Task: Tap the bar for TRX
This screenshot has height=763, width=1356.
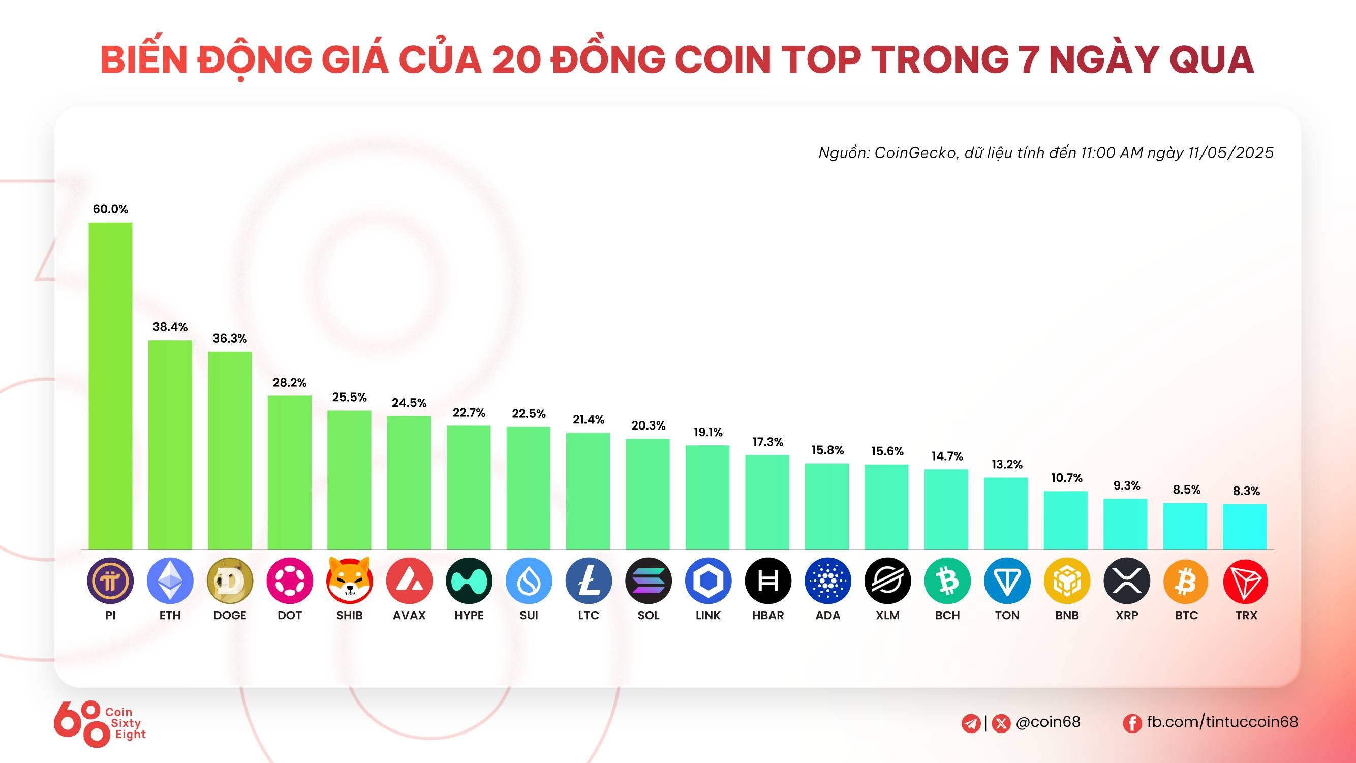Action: tap(1245, 527)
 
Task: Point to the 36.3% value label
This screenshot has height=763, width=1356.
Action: tap(230, 339)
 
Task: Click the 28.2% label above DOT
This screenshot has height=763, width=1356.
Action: tap(290, 383)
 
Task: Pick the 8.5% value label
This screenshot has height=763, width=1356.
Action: tap(1186, 490)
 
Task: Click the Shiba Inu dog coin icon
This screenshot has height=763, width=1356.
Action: tap(350, 581)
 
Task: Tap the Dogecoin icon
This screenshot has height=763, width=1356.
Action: tap(230, 581)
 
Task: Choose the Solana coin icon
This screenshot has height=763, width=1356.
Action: tap(648, 581)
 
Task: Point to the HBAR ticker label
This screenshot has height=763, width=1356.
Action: tap(767, 615)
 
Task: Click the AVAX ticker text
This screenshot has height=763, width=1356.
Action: tap(409, 615)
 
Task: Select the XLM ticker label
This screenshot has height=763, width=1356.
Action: tap(887, 615)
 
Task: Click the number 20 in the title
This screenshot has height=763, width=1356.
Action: tap(516, 59)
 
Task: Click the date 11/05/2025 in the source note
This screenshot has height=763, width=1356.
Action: tap(1231, 152)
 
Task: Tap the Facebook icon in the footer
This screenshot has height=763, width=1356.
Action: tap(1132, 723)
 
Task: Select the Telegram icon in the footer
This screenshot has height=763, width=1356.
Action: tap(971, 723)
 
